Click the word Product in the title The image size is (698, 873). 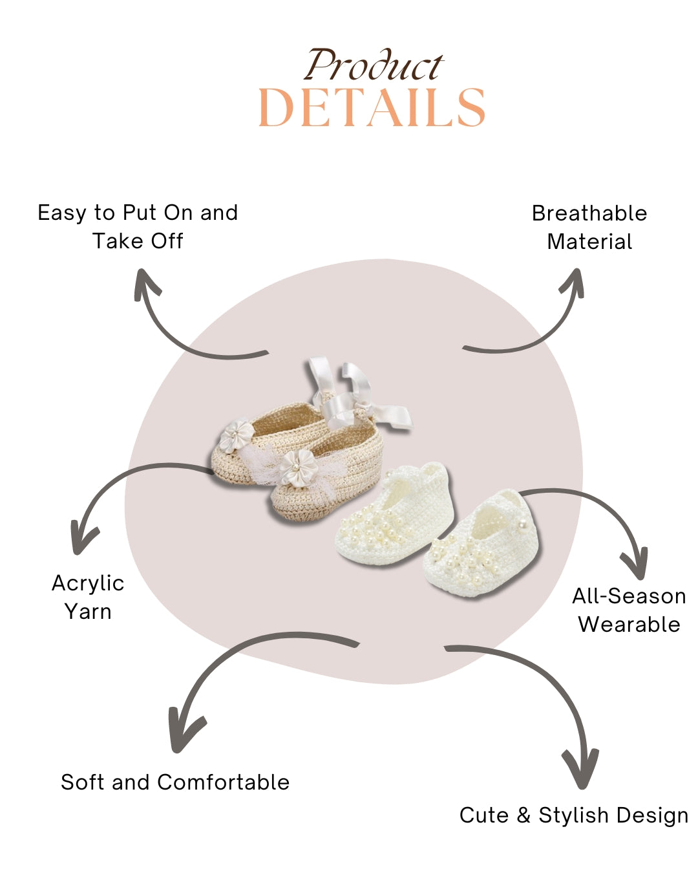pos(374,66)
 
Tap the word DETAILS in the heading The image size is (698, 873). pos(372,108)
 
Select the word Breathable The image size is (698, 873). pos(589,213)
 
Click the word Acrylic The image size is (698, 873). pos(88,583)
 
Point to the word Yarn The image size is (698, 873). pos(88,612)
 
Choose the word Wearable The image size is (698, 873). pos(629,625)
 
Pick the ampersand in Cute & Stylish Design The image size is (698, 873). pos(523,815)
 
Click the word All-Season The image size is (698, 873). pos(629,596)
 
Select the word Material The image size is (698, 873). pos(589,242)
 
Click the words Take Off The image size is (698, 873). pos(138,241)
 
